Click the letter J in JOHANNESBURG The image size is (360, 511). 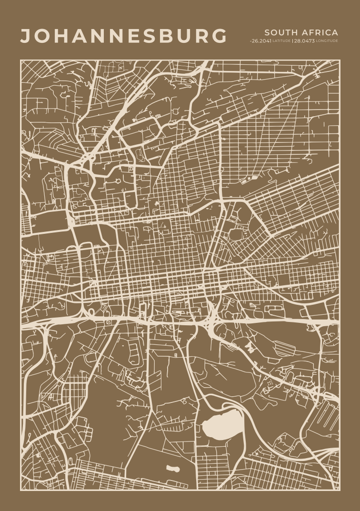[x=26, y=36]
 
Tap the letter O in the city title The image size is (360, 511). [x=43, y=36]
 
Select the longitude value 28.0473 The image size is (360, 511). [x=304, y=41]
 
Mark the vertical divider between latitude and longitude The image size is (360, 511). [x=292, y=41]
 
